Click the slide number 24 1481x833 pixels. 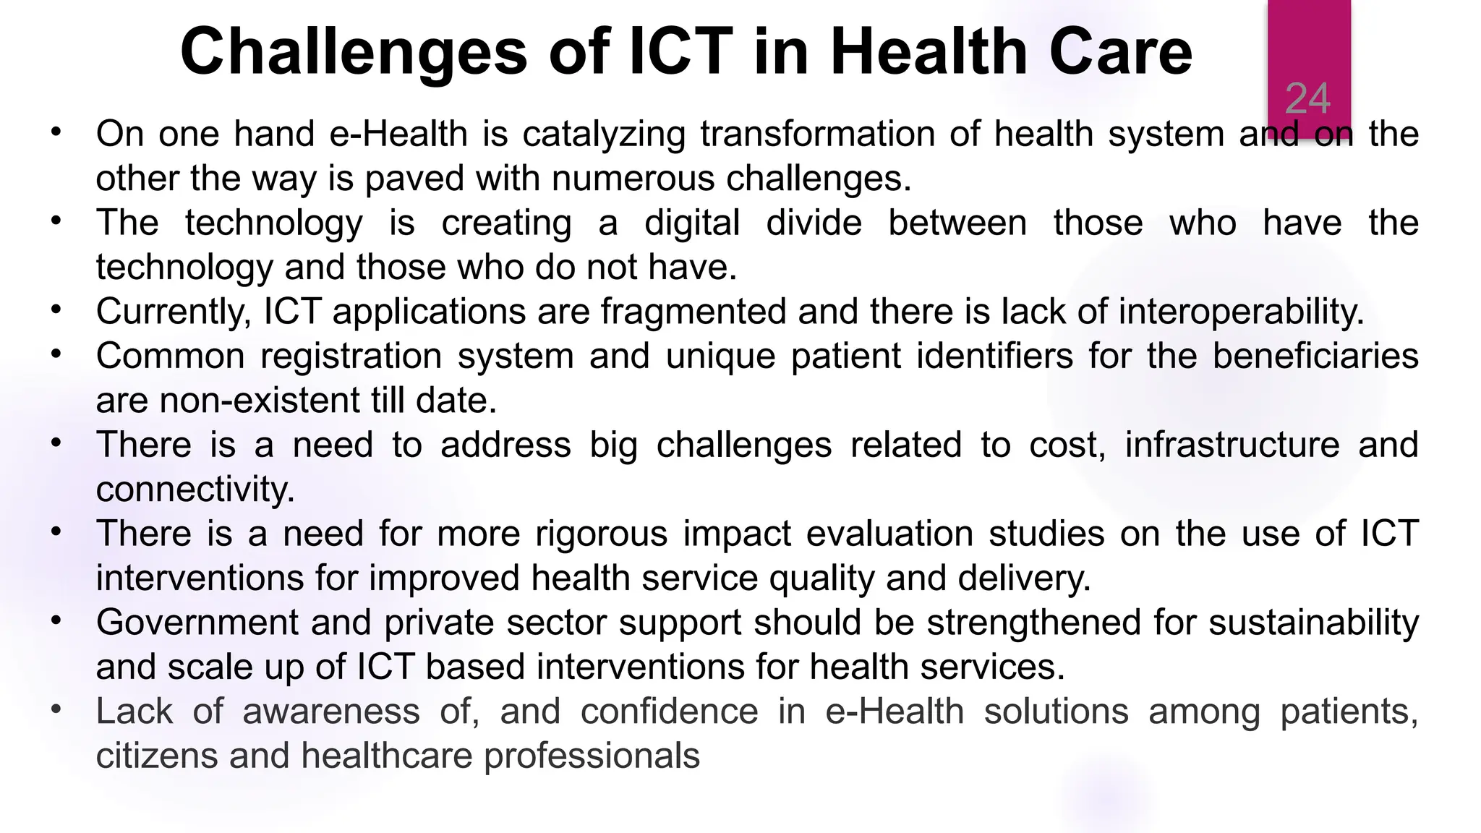[x=1307, y=98]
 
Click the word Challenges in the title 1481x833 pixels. [x=354, y=52]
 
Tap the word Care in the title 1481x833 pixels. [x=1119, y=52]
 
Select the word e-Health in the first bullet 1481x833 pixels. [x=398, y=134]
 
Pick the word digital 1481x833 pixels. [x=692, y=223]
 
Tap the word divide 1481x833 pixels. [x=814, y=223]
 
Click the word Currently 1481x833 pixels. [x=174, y=312]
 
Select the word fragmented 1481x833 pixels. [x=693, y=312]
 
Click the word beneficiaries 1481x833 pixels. [x=1315, y=356]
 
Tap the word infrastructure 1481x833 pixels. [x=1232, y=445]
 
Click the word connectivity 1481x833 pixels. [x=195, y=490]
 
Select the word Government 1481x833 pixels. [x=197, y=623]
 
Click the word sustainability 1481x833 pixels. [x=1313, y=623]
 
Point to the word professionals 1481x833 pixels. [x=592, y=756]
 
